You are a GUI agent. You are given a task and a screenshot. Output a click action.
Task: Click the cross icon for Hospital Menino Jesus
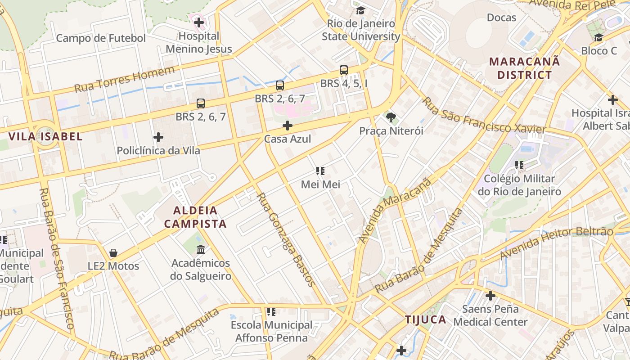click(x=199, y=22)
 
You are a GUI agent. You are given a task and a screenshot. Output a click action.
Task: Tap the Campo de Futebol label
click(x=101, y=38)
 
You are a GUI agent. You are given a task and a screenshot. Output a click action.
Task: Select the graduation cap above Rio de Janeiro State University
click(x=360, y=10)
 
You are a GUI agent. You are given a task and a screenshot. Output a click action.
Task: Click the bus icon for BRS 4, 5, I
click(x=344, y=70)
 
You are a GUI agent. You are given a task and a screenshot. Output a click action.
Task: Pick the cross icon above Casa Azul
click(x=288, y=126)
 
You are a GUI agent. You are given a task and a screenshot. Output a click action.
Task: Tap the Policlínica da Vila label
click(x=158, y=150)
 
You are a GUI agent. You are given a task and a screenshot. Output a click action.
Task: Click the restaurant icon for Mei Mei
click(x=320, y=171)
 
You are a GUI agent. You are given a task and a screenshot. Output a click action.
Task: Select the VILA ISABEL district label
click(x=46, y=137)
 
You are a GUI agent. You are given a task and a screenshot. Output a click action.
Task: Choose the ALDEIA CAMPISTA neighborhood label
click(x=195, y=217)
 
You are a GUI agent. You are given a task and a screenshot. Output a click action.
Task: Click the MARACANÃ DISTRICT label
click(x=525, y=68)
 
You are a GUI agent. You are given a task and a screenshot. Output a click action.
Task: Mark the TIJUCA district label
click(x=426, y=320)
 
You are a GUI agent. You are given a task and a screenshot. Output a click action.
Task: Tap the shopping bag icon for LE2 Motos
click(x=113, y=253)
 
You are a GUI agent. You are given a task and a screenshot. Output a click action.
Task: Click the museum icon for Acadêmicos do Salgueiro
click(x=201, y=249)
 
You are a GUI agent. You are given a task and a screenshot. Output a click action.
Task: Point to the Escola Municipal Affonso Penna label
click(x=271, y=331)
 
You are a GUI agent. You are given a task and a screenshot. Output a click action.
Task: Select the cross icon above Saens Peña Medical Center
click(x=490, y=296)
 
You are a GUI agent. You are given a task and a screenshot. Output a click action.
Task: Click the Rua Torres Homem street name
click(x=124, y=79)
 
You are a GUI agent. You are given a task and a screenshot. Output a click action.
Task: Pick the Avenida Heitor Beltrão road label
click(x=556, y=245)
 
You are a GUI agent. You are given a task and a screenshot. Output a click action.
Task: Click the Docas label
click(x=502, y=18)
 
